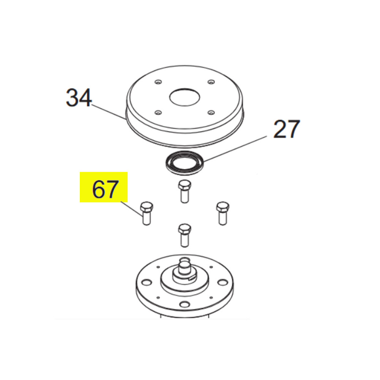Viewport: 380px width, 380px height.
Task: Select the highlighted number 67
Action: [x=105, y=189]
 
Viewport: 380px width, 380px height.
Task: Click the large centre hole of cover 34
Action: [x=185, y=97]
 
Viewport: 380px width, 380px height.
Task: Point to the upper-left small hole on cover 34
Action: [x=158, y=82]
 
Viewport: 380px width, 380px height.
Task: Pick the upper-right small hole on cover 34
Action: [x=211, y=82]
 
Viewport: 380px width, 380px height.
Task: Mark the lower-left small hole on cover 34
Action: [x=158, y=113]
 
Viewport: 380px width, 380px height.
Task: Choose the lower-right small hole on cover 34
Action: [x=211, y=112]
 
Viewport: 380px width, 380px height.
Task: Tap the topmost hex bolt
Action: [x=184, y=192]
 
